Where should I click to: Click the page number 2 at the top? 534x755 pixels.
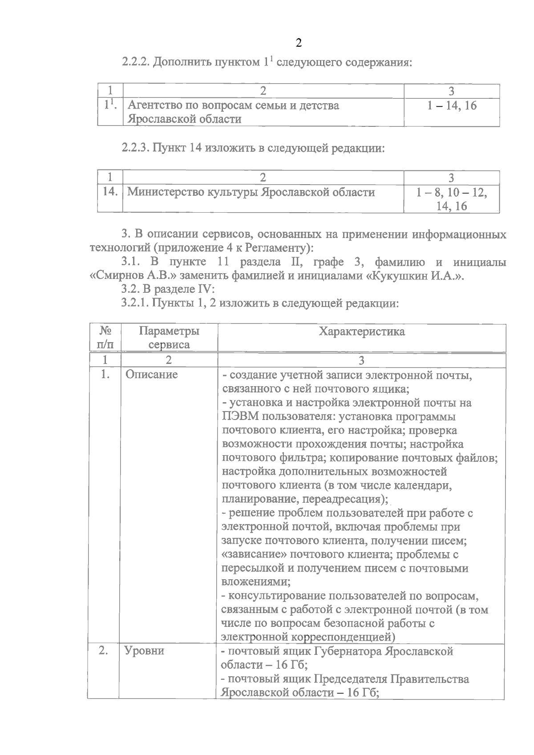298,43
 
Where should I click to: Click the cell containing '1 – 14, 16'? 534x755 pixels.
452,106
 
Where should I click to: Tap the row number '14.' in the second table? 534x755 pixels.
110,192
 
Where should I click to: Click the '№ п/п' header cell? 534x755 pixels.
105,338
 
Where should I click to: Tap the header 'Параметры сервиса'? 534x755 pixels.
169,338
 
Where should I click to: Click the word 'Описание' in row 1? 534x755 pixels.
151,375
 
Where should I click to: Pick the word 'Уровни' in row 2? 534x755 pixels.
145,651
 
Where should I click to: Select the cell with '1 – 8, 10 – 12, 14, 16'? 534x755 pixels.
452,199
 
